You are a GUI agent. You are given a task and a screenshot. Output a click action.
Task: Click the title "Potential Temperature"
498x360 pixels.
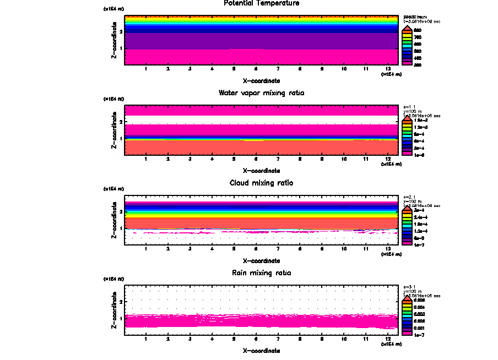point(261,3)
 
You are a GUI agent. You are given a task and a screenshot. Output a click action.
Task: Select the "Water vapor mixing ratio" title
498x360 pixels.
point(261,93)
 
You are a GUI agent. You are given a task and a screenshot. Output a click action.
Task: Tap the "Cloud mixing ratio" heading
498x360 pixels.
point(261,183)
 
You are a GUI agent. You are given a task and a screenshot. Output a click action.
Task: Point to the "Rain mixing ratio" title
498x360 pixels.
point(261,273)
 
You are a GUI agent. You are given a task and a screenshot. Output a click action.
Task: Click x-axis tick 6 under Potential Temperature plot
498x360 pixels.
point(256,69)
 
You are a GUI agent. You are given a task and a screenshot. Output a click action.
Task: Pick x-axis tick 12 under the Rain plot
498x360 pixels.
point(388,339)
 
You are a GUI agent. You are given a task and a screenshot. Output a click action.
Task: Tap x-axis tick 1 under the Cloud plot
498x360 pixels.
point(145,249)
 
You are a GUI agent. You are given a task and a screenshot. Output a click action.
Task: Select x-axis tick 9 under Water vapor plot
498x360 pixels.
point(322,159)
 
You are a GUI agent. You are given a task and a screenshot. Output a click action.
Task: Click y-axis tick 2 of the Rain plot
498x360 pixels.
point(120,302)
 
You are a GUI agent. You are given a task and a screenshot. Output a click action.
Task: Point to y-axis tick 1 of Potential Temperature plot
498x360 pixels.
point(120,48)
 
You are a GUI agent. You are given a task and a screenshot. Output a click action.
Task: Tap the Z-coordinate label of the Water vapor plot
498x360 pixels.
point(114,130)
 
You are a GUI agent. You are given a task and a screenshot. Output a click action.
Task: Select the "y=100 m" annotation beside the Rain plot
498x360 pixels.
point(413,291)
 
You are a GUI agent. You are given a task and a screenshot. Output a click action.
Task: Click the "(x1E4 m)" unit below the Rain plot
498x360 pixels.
point(392,344)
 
